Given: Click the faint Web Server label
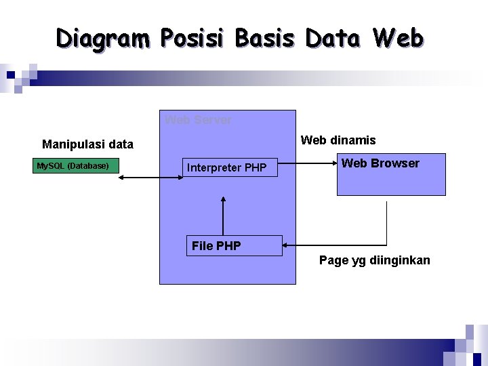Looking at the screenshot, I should [x=198, y=120].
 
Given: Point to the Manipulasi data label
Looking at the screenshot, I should [x=87, y=144].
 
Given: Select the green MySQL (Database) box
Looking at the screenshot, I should [x=76, y=165].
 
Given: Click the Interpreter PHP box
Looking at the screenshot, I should [x=230, y=167].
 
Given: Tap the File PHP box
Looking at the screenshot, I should [x=234, y=245].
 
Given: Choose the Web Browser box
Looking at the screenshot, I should [x=391, y=175].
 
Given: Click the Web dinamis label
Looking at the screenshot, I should [x=338, y=140].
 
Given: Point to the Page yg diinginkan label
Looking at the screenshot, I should [x=374, y=260].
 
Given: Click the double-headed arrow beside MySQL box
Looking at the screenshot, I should [x=152, y=177].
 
